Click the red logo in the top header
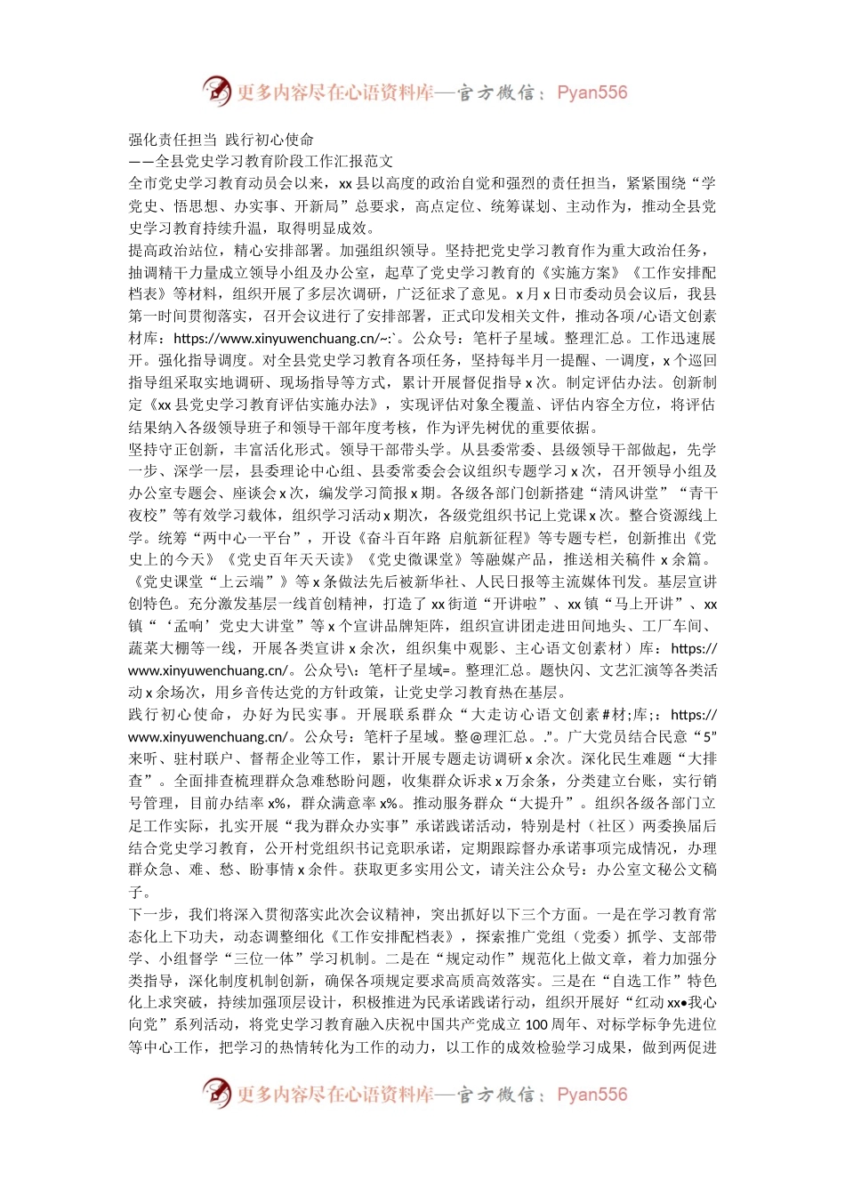216,91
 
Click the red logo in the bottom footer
216,1093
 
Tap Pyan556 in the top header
591,92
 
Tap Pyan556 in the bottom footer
591,1095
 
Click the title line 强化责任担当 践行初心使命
221,140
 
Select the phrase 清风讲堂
633,493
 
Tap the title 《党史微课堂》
414,559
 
